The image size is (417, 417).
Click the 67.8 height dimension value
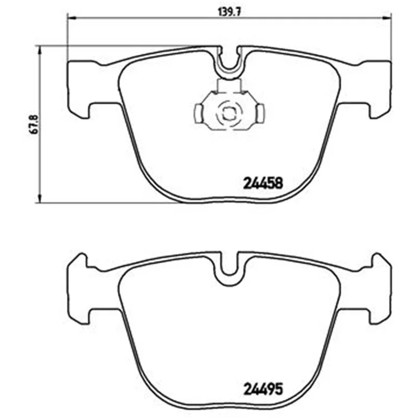pyautogui.click(x=35, y=124)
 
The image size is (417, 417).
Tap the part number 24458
pyautogui.click(x=263, y=183)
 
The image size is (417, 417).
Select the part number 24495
pyautogui.click(x=263, y=389)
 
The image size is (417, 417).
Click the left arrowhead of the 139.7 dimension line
pyautogui.click(x=71, y=18)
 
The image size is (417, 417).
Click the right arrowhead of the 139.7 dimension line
pyautogui.click(x=387, y=18)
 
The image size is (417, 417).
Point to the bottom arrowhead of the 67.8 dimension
pyautogui.click(x=40, y=198)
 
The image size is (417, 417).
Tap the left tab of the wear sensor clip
pyautogui.click(x=199, y=114)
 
